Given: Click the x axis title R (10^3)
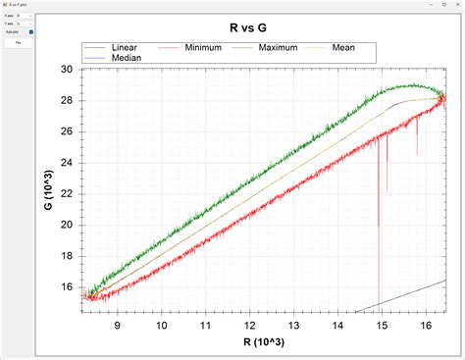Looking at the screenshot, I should pos(264,342).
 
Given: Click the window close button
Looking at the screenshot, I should pos(454,5).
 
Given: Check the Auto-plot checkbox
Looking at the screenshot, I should pos(32,32).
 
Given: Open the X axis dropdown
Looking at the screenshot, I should pos(24,16).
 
